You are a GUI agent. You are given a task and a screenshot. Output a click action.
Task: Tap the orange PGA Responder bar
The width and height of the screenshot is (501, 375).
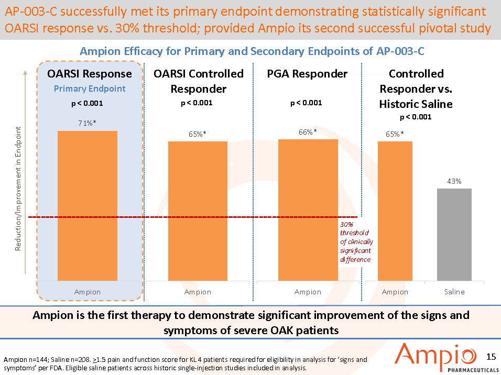pyautogui.click(x=308, y=209)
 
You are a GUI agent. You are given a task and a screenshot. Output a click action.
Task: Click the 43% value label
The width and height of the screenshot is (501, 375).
pyautogui.click(x=454, y=181)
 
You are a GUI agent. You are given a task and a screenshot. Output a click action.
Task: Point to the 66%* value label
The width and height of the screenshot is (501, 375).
pyautogui.click(x=308, y=132)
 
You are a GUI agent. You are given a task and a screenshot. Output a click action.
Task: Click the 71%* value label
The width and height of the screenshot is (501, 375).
pyautogui.click(x=88, y=123)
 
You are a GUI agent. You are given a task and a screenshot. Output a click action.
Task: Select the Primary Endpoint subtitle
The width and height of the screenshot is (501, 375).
pyautogui.click(x=90, y=89)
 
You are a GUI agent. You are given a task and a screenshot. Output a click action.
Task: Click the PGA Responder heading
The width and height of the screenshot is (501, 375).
pyautogui.click(x=307, y=74)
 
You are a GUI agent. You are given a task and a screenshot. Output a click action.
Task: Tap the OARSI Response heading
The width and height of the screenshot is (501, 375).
pyautogui.click(x=90, y=74)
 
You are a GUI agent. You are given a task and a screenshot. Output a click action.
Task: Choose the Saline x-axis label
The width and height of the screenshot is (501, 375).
pyautogui.click(x=454, y=292)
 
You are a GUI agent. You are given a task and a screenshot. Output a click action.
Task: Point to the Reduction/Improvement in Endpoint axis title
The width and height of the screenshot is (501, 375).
pyautogui.click(x=18, y=189)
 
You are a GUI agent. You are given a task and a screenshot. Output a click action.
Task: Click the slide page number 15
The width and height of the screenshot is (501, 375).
pyautogui.click(x=491, y=357)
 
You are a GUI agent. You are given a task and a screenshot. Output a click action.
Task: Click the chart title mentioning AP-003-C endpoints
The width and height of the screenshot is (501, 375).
pyautogui.click(x=252, y=51)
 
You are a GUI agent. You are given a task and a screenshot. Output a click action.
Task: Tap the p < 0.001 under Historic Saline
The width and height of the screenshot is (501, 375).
pyautogui.click(x=416, y=117)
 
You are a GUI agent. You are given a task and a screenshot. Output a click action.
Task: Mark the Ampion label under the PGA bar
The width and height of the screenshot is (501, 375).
pyautogui.click(x=308, y=292)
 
